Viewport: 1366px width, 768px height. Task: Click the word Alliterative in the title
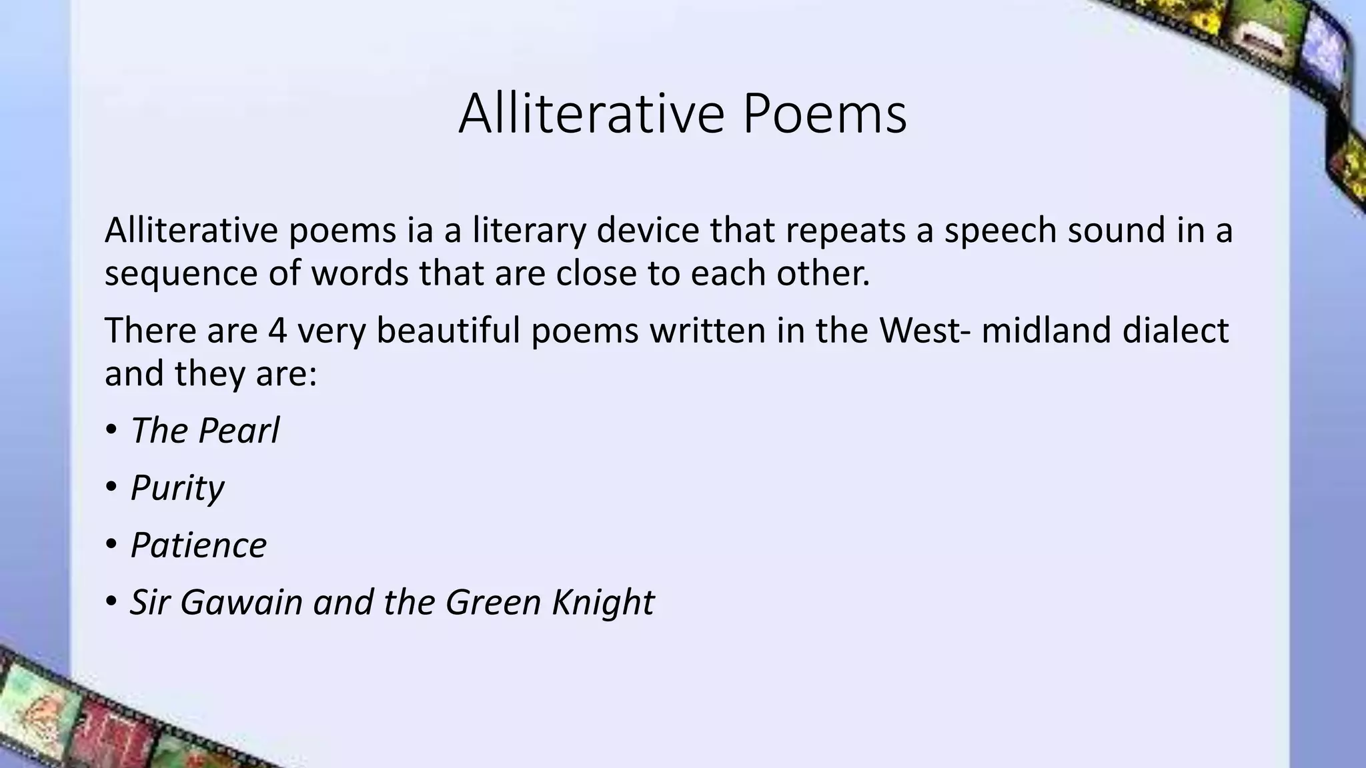click(591, 114)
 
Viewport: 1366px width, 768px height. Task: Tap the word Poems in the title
click(824, 114)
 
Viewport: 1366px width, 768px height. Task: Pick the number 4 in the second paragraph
click(277, 331)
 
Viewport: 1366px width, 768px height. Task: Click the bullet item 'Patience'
click(199, 545)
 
